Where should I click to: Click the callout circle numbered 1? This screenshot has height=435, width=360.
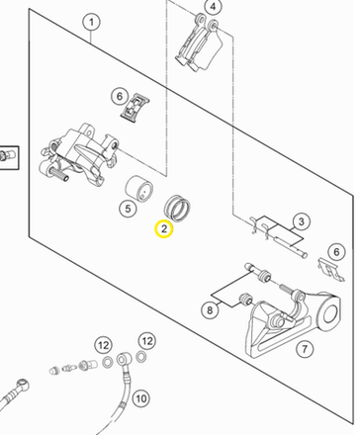[91, 23]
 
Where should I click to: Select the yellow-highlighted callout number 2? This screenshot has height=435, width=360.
[164, 228]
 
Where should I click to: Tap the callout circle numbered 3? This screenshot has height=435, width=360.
[301, 221]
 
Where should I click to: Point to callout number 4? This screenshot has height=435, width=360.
[213, 7]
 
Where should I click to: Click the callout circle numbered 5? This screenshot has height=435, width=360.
[128, 209]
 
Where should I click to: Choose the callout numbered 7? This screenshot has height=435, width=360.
[304, 349]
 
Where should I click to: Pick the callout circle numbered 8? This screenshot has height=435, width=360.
[210, 309]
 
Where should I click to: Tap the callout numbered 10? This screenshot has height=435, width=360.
[141, 398]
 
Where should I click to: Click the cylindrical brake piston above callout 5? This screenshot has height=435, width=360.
[139, 188]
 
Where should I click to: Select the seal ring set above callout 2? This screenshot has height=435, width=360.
[177, 208]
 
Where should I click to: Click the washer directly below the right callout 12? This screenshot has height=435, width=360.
[141, 357]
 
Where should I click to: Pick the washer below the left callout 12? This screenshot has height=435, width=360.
[108, 363]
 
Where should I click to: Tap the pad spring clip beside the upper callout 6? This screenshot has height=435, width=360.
[135, 108]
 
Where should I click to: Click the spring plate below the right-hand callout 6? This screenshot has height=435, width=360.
[331, 269]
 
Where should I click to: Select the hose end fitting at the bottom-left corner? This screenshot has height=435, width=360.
[15, 393]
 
